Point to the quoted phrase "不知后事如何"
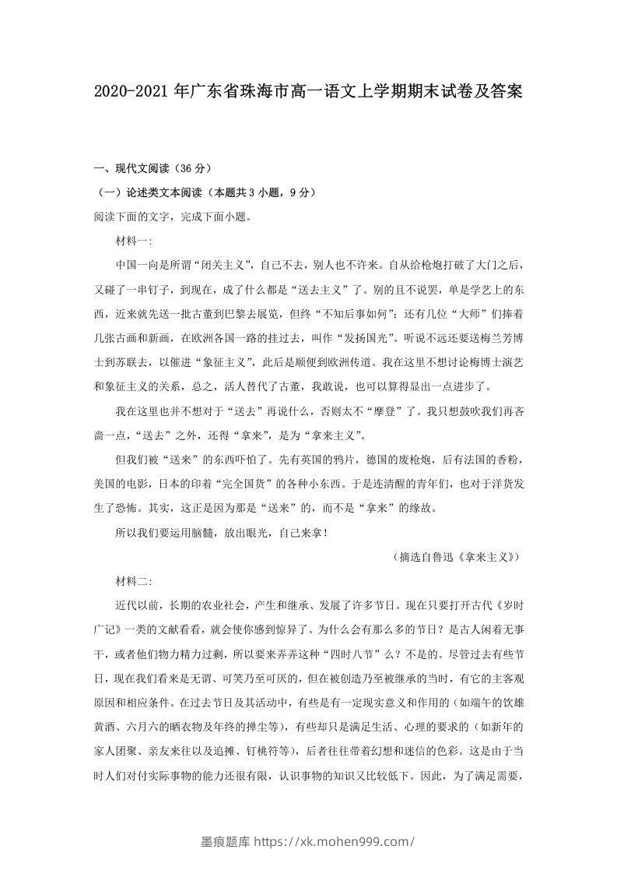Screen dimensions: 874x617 [373, 315]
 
